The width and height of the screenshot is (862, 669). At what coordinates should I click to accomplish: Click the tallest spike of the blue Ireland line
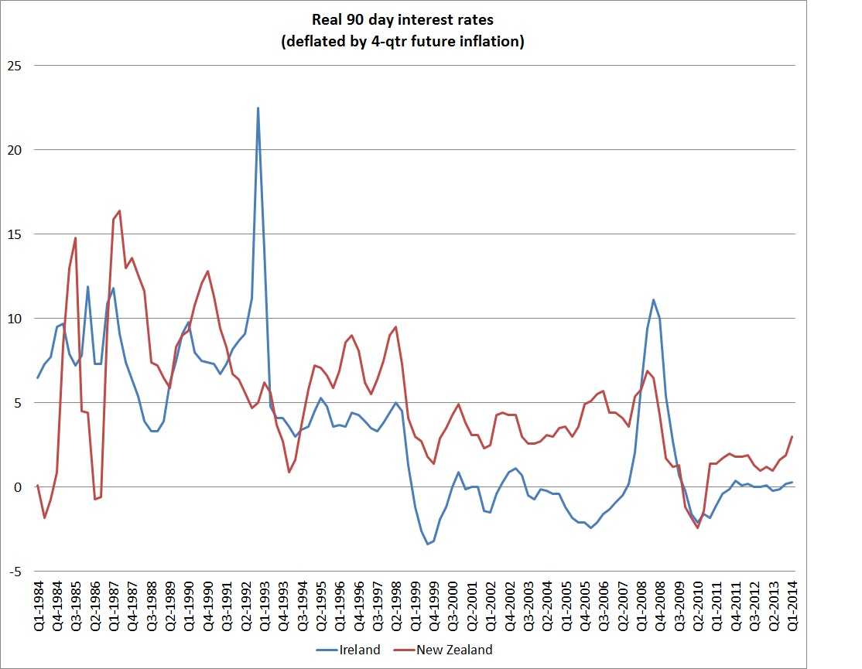click(x=258, y=108)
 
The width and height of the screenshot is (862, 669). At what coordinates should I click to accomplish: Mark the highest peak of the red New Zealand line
click(x=119, y=210)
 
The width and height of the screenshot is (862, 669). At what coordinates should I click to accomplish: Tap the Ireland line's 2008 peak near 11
click(x=654, y=300)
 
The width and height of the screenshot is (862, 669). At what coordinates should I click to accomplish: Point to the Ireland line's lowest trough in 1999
click(x=427, y=544)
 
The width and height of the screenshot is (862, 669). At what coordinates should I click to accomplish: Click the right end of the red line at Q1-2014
click(x=792, y=437)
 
